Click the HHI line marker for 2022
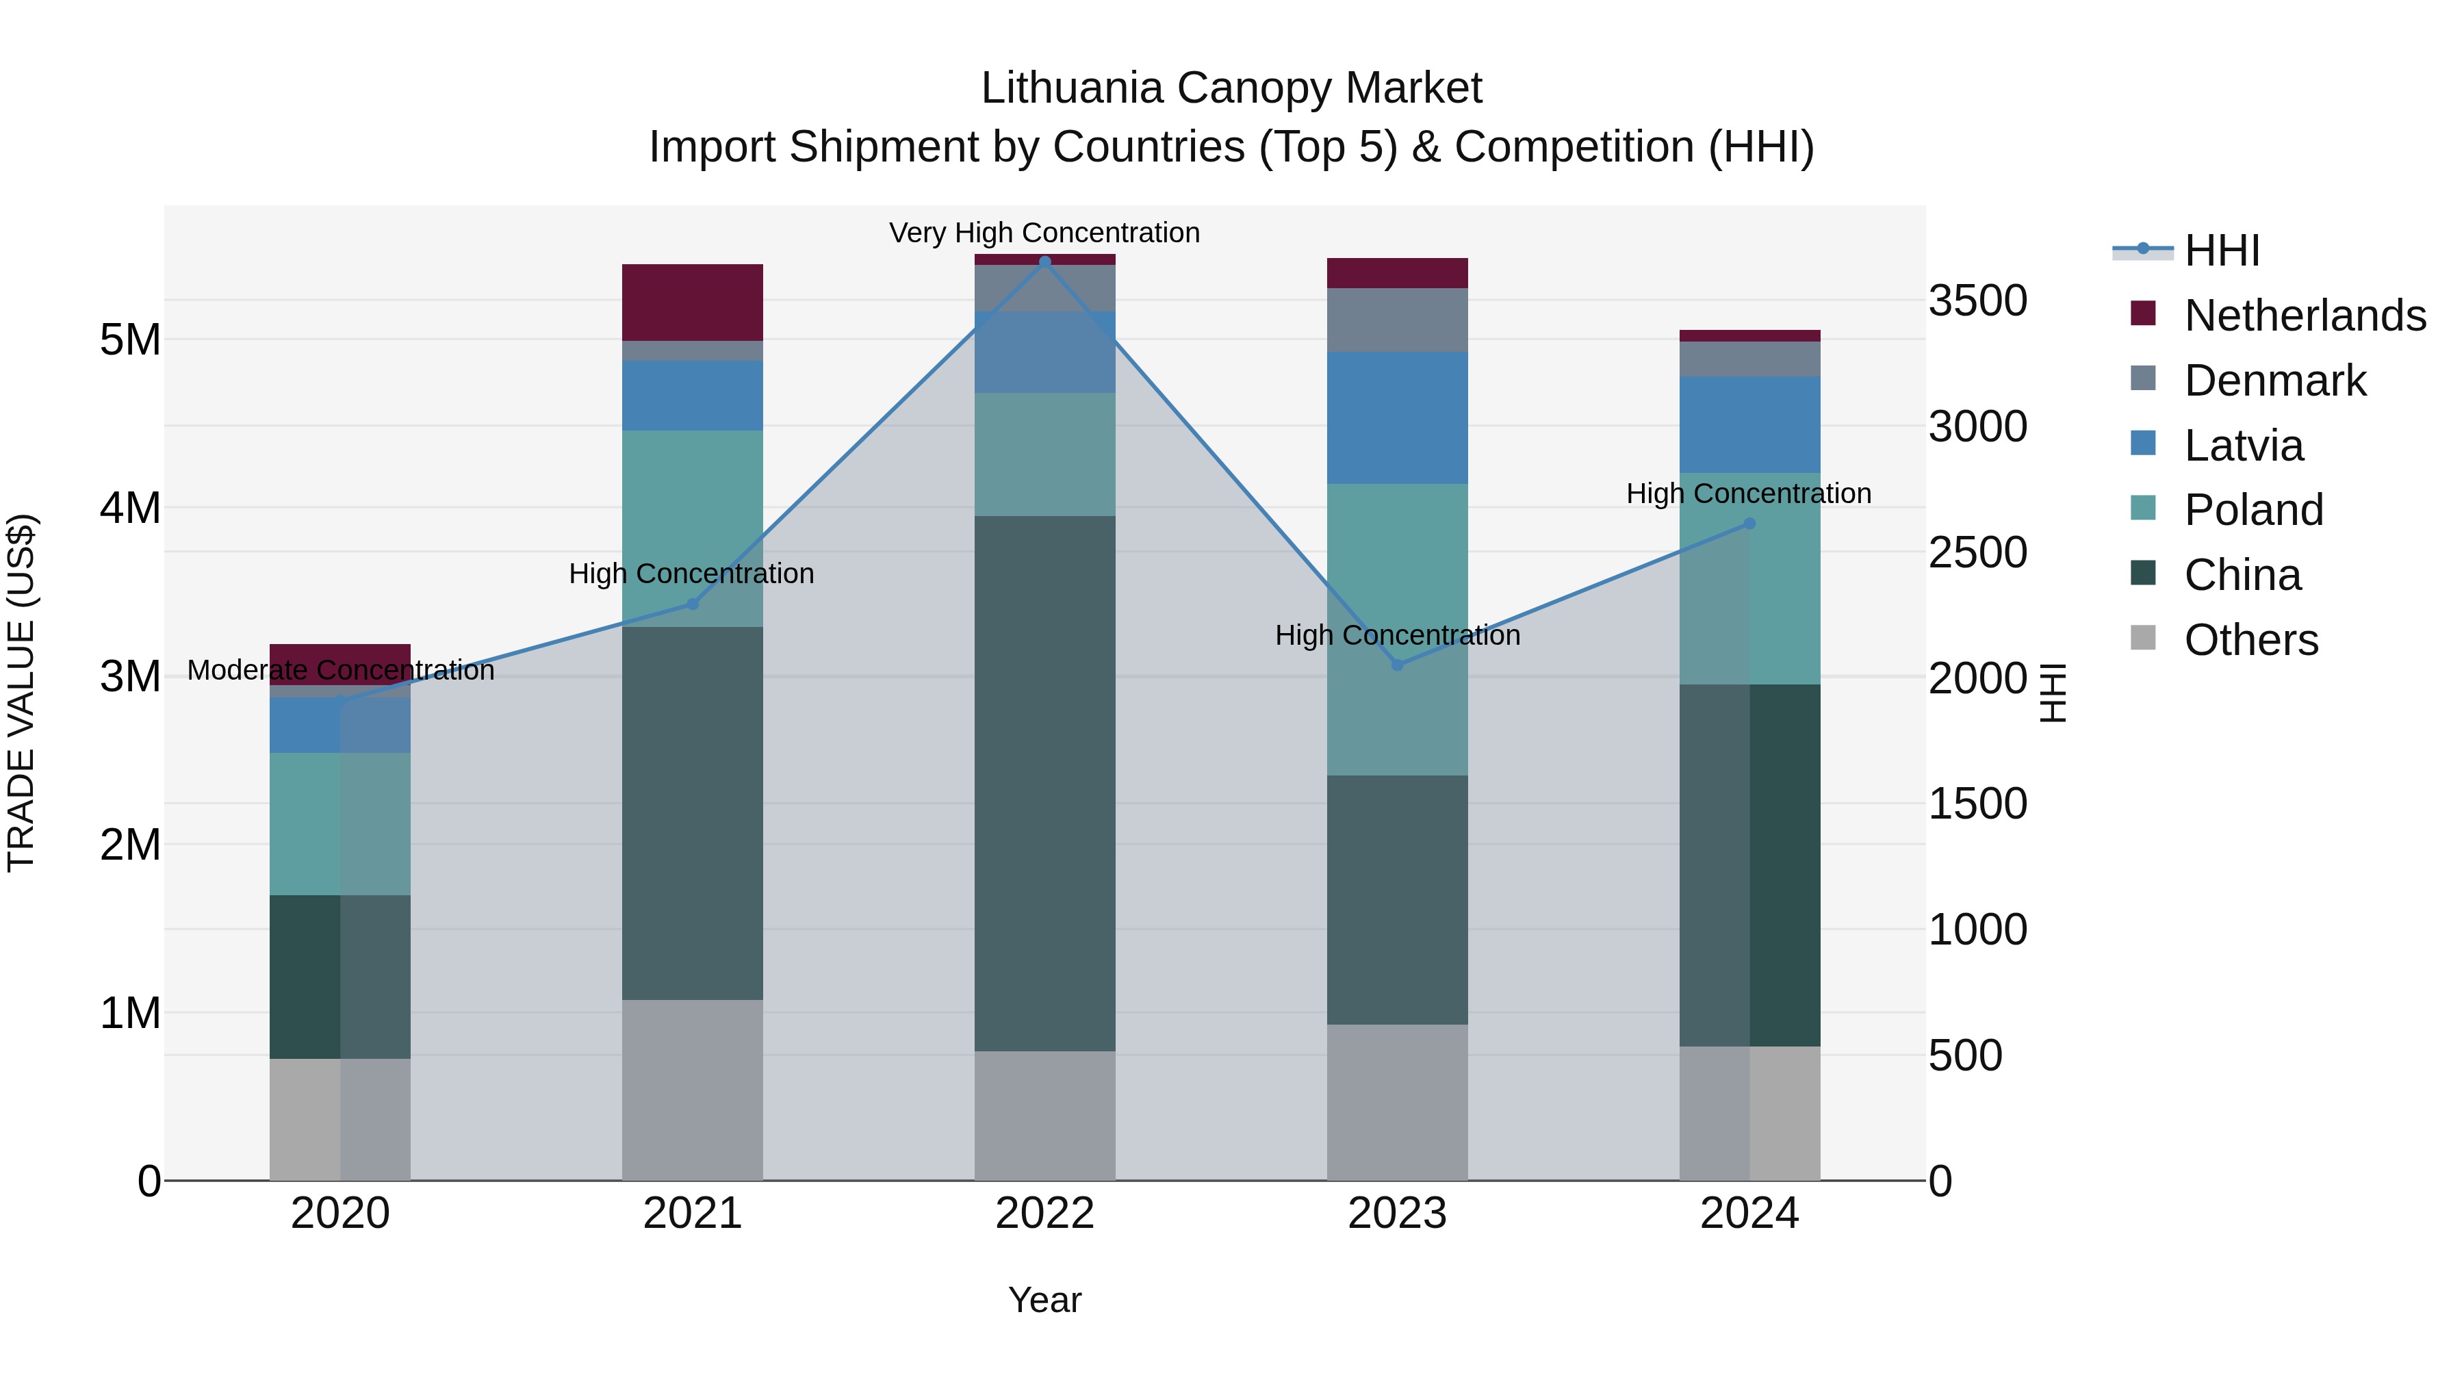tap(1044, 261)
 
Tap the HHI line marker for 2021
tap(693, 604)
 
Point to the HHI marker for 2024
tap(1749, 523)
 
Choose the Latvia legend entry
tap(2243, 446)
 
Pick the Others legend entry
tap(2250, 640)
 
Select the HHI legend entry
tap(2221, 251)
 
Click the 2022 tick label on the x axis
tap(1044, 1214)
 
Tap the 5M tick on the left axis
tap(130, 339)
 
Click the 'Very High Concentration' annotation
tap(1044, 233)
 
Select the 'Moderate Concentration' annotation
tap(341, 671)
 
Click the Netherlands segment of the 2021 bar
tap(693, 303)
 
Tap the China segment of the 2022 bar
tap(1044, 784)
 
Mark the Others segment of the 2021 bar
tap(693, 1090)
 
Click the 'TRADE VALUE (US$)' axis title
tap(21, 693)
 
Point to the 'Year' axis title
tap(1044, 1300)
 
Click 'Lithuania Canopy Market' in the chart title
tap(1231, 88)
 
